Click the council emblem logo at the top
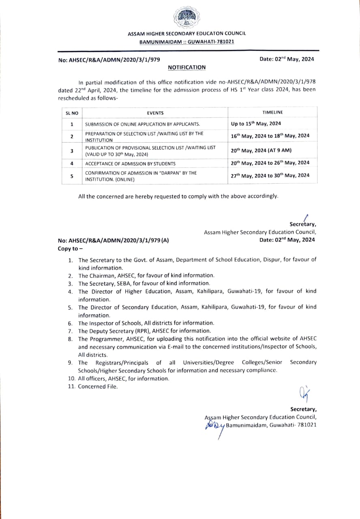(187, 17)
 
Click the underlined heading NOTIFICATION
(187, 67)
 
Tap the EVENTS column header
(155, 113)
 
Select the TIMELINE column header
(273, 112)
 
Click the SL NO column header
(72, 113)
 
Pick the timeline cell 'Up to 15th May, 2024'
(256, 124)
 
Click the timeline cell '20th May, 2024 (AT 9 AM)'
(261, 150)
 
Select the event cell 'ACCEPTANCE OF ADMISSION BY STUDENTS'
(130, 164)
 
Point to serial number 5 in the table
(72, 176)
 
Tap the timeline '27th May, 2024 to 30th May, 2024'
(270, 176)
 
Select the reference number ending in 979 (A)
(114, 240)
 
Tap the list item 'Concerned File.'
(98, 386)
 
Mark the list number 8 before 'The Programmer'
(70, 339)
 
